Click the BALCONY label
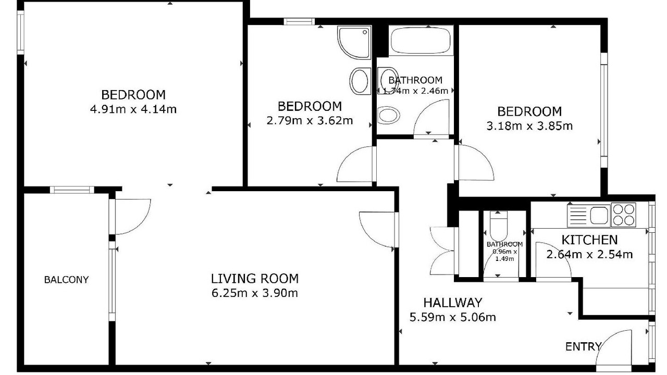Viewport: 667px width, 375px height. point(66,280)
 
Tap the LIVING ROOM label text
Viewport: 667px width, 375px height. point(255,279)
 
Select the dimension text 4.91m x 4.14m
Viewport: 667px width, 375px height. point(133,109)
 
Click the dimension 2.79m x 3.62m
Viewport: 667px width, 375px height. point(310,120)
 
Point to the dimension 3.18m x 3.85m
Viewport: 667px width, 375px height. point(529,126)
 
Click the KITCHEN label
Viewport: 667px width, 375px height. point(589,240)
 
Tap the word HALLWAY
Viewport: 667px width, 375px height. point(453,303)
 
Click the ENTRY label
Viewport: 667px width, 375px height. point(583,347)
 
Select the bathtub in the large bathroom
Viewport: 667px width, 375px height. point(421,41)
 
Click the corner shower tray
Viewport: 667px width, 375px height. point(354,42)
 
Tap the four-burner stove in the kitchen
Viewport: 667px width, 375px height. point(624,215)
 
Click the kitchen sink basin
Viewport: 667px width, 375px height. point(599,215)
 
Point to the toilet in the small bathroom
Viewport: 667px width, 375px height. point(498,226)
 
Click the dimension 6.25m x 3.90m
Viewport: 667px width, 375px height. point(255,293)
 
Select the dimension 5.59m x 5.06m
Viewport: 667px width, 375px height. point(453,317)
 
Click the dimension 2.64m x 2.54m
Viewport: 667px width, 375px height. point(589,255)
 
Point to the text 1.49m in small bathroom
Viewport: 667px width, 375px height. point(504,259)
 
